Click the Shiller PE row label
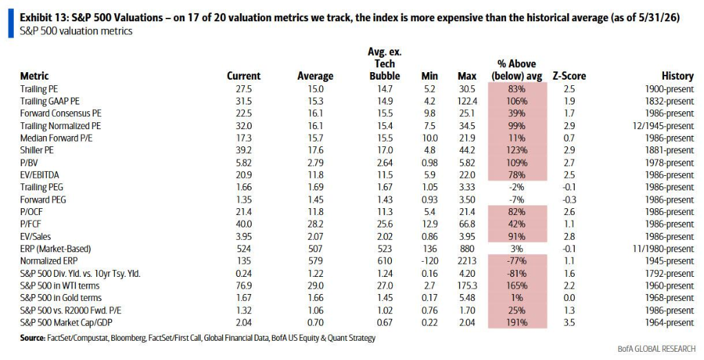(x=37, y=150)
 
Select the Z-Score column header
(x=569, y=76)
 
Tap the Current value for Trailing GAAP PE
(x=244, y=102)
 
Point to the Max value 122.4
(x=467, y=102)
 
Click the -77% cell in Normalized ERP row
(x=516, y=261)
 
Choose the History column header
(x=677, y=76)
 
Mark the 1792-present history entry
(x=670, y=273)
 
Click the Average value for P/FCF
(x=315, y=224)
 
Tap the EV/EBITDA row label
(x=39, y=175)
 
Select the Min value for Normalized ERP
(x=429, y=261)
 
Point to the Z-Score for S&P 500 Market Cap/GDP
(x=569, y=322)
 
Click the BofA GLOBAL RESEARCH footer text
(x=657, y=348)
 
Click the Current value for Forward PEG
(x=244, y=200)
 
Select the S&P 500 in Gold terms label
(x=60, y=297)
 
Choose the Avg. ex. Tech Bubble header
(x=385, y=64)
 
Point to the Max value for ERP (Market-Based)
(x=467, y=249)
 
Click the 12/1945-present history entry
(x=663, y=126)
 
